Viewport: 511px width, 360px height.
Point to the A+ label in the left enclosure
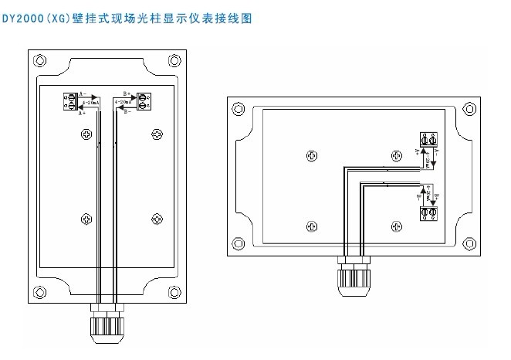click(x=83, y=113)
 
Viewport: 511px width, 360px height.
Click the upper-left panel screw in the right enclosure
click(x=311, y=155)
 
